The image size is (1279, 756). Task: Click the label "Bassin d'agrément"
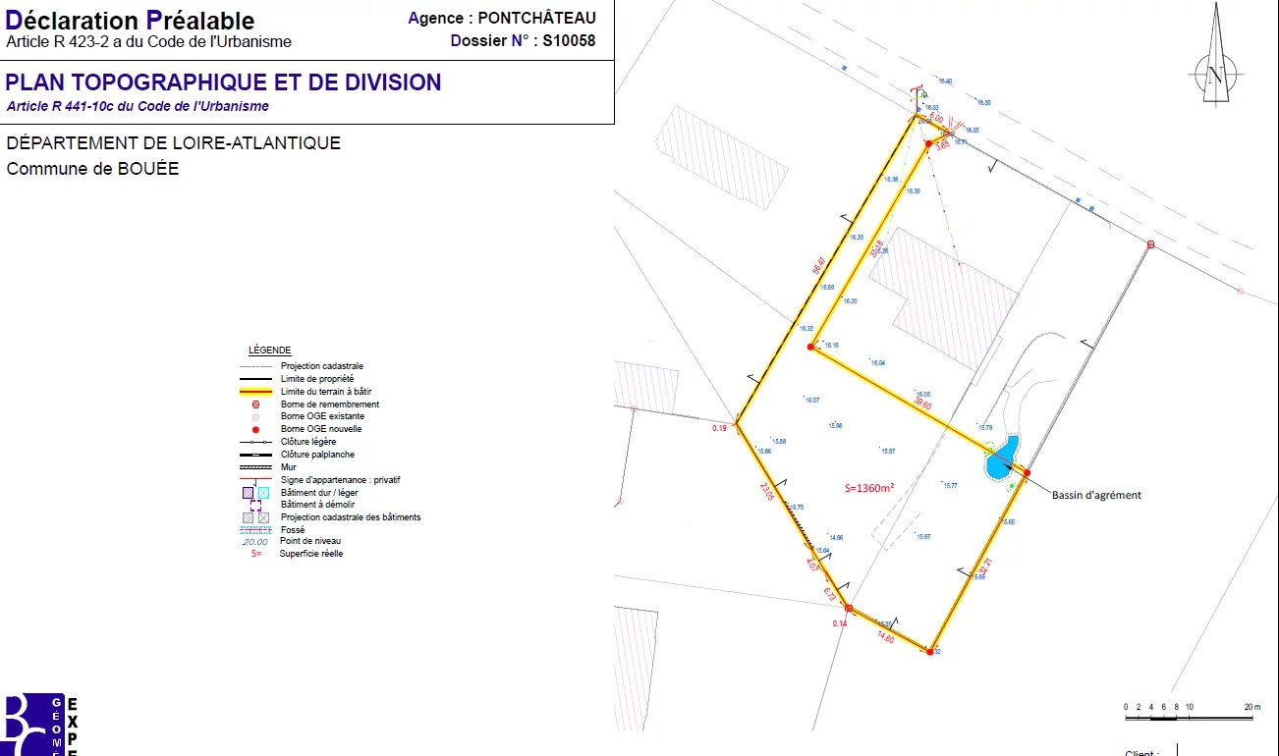(x=1096, y=495)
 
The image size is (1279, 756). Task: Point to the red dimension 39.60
(x=921, y=404)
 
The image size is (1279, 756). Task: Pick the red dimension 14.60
(x=884, y=637)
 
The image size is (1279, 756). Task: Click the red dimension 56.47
(x=818, y=265)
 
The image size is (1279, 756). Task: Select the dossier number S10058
(x=569, y=41)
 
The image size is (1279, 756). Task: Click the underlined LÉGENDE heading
(x=269, y=351)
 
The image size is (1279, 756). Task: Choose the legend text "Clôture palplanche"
(x=317, y=455)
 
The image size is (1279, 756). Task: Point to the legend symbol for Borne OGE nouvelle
(x=255, y=429)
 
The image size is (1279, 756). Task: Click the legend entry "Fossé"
(x=293, y=529)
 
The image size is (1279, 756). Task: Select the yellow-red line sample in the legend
(x=255, y=392)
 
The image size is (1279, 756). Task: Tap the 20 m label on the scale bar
(x=1251, y=707)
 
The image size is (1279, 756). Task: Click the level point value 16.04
(x=877, y=363)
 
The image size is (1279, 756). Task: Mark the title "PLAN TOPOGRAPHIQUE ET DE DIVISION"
(x=224, y=82)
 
